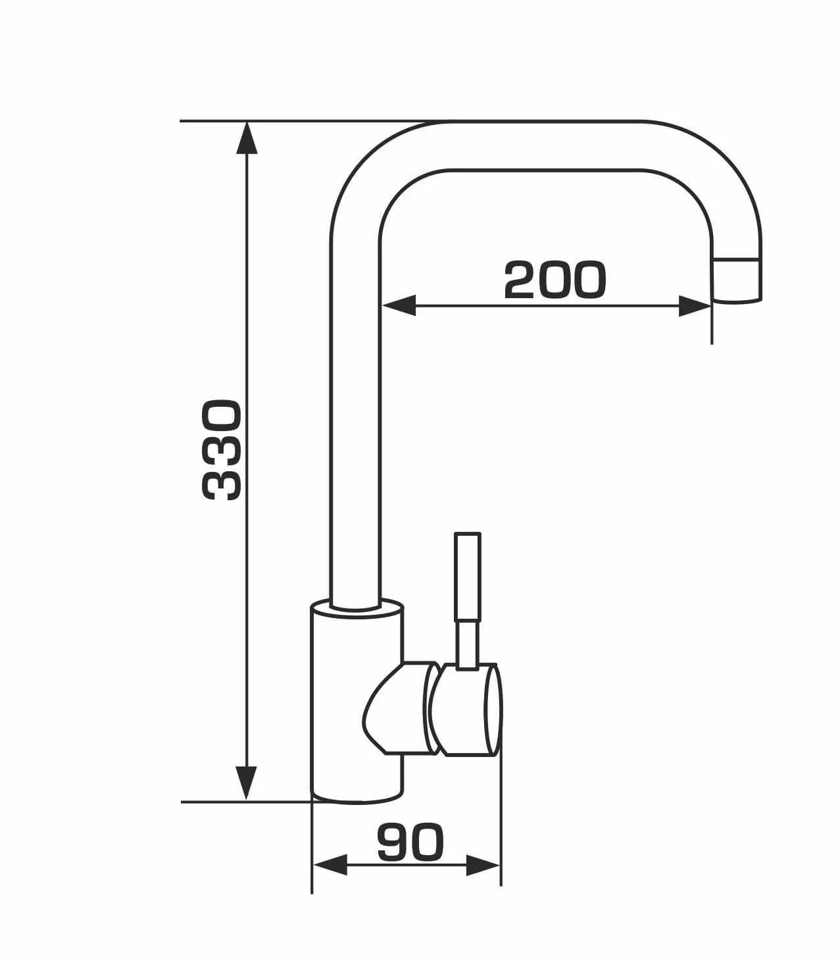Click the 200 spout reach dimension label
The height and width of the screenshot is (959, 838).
(x=555, y=280)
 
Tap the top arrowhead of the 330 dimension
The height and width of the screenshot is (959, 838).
(x=247, y=138)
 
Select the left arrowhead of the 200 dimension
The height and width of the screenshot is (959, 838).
(x=399, y=305)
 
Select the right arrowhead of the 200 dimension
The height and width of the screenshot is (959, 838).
(x=695, y=306)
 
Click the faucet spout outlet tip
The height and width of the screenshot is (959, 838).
(x=737, y=280)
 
